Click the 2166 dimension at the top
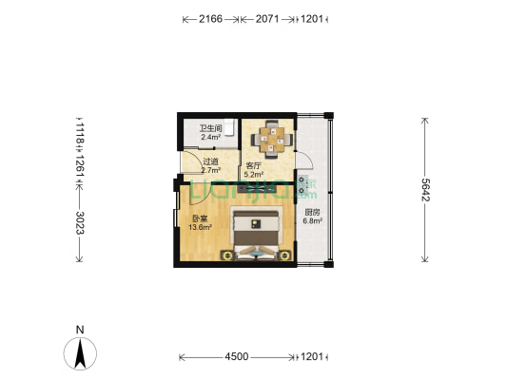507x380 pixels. pos(210,18)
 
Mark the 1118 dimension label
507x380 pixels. pos(80,131)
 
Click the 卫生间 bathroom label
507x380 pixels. pos(210,129)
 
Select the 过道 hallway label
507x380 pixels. pos(210,161)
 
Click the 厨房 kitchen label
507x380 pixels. pos(312,213)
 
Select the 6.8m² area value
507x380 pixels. pos(313,221)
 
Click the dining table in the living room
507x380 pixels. pos(273,139)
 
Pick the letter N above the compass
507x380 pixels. pos(81,331)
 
